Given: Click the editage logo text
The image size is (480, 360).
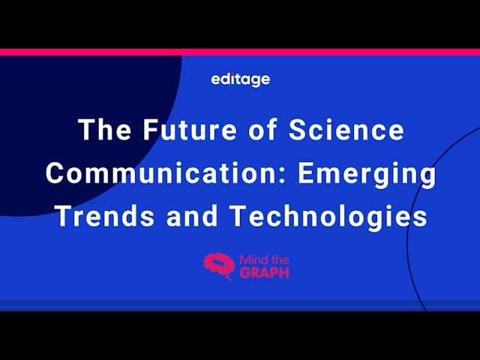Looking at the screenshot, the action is (x=241, y=79).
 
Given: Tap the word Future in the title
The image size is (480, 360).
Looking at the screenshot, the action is (x=190, y=129).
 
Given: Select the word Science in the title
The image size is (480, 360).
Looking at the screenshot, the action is (x=346, y=129).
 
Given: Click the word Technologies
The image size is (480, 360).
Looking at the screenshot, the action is (x=329, y=217).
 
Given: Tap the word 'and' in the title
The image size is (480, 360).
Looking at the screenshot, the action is (x=192, y=215).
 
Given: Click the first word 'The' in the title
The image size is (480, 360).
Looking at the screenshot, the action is (x=105, y=129).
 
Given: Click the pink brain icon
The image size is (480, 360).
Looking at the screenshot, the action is (x=219, y=265).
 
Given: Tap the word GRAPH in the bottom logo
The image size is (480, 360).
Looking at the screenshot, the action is (x=265, y=272).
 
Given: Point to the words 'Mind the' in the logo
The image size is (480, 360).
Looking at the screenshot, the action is (x=265, y=260).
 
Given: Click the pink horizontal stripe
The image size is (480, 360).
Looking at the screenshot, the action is (x=240, y=52).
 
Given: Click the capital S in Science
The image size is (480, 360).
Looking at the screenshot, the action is (x=298, y=129).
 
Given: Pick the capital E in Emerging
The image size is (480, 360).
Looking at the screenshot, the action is (x=306, y=172).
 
